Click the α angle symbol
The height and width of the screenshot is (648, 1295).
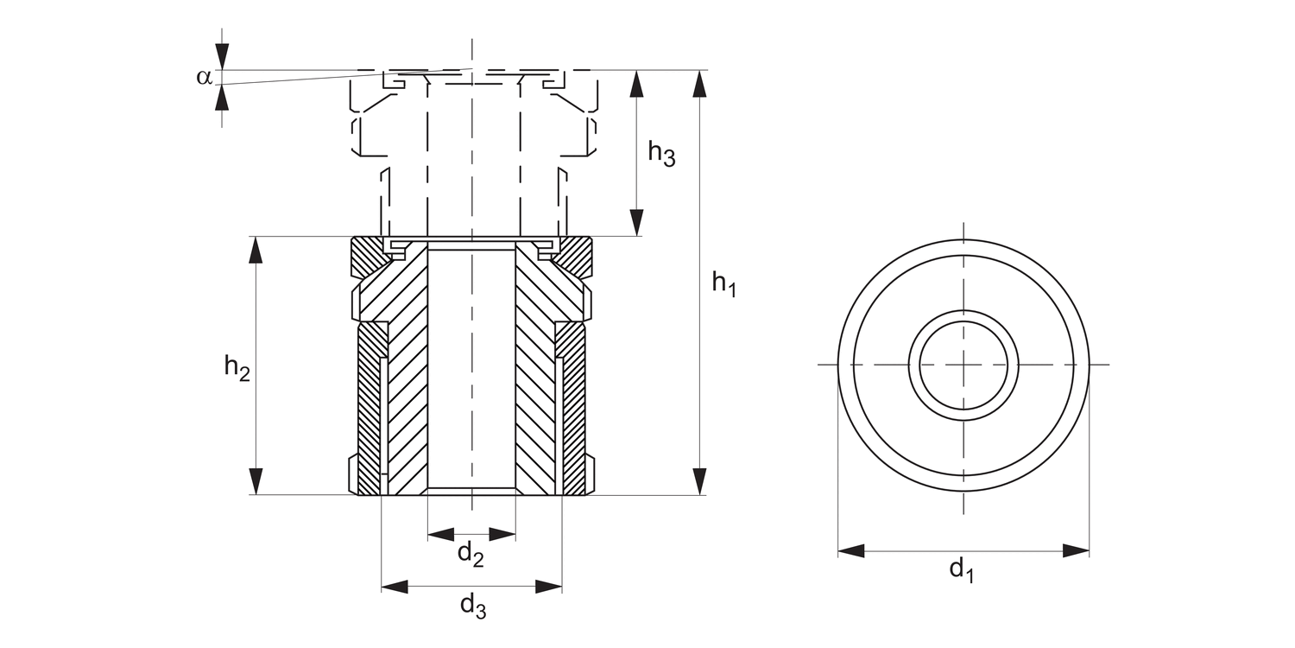click(204, 77)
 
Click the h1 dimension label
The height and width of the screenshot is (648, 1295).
click(723, 283)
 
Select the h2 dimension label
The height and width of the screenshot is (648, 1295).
click(237, 367)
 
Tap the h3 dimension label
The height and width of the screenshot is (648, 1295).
click(661, 154)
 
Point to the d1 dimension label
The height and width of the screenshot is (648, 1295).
click(961, 569)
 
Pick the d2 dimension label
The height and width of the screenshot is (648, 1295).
click(471, 554)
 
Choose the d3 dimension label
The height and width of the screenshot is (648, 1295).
click(472, 607)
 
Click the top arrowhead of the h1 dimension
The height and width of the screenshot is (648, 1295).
click(699, 83)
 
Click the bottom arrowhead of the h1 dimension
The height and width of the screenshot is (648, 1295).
click(699, 481)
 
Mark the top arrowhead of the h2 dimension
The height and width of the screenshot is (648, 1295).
click(256, 250)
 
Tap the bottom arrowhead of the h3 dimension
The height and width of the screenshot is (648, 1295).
click(637, 222)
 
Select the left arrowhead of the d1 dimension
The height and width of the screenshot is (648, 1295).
click(851, 550)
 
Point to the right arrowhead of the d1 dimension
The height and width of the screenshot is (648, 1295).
click(1076, 550)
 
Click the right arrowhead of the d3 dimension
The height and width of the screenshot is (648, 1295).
click(548, 587)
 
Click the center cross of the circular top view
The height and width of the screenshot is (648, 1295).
click(963, 365)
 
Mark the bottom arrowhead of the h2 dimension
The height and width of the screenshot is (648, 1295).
click(256, 481)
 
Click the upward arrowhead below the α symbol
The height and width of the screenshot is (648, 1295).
click(223, 97)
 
